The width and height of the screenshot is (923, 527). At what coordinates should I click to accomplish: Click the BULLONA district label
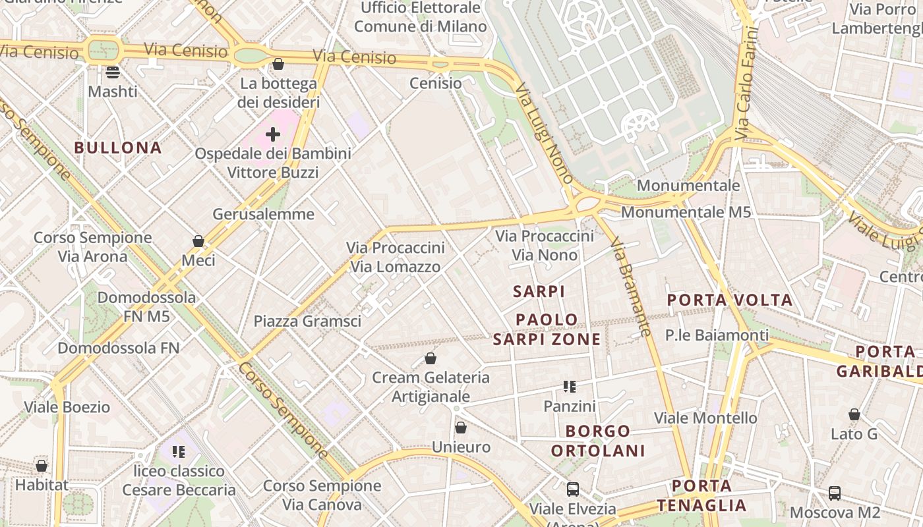(118, 148)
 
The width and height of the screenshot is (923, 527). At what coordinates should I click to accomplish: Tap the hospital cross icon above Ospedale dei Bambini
(273, 134)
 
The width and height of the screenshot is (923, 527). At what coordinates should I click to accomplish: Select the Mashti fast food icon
(113, 72)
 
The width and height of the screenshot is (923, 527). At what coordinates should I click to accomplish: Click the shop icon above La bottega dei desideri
(278, 64)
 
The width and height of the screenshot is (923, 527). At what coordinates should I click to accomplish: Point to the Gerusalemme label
(263, 214)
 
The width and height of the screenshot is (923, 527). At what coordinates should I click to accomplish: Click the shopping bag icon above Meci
(198, 241)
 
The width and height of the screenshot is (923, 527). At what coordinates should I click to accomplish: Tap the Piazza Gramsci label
(307, 321)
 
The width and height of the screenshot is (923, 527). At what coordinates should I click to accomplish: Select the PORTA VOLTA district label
(730, 300)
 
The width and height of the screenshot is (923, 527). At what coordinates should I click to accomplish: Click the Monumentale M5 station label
(686, 212)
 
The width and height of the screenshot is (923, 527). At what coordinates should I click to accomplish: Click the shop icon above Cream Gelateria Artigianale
(431, 358)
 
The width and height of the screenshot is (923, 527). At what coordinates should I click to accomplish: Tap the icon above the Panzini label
(570, 387)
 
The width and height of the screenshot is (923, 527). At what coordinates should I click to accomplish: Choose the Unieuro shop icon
(461, 428)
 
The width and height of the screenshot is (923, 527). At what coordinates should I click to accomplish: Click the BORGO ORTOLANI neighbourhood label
(598, 441)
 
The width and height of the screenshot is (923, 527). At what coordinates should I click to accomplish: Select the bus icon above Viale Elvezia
(573, 489)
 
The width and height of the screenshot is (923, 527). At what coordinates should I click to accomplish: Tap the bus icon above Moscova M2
(835, 493)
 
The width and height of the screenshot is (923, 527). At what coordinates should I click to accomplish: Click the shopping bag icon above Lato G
(854, 414)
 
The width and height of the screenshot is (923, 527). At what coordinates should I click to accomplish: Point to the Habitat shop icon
(42, 466)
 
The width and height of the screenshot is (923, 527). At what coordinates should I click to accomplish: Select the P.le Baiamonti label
(717, 335)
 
